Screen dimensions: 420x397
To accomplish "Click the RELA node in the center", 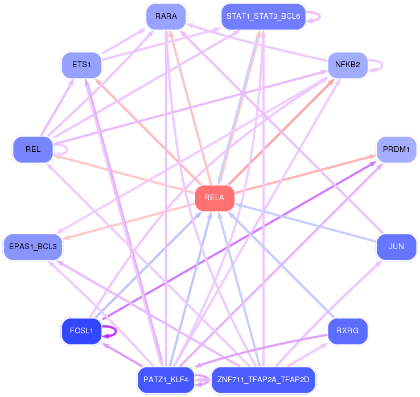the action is [x=215, y=198].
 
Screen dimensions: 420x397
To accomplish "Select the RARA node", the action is [x=166, y=16].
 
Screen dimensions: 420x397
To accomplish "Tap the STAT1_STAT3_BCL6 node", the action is [x=263, y=16].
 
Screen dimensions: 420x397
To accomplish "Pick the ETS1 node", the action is [x=82, y=65].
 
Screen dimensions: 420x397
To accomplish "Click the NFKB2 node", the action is [x=348, y=65].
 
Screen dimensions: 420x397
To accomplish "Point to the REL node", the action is [x=33, y=150].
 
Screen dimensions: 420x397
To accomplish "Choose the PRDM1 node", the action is [x=397, y=150].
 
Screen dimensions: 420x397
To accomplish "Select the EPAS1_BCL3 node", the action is [x=33, y=246].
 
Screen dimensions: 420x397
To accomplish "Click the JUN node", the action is [x=397, y=246].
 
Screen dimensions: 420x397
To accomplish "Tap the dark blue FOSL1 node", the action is [x=82, y=331].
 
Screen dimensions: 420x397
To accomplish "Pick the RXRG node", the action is [x=348, y=331].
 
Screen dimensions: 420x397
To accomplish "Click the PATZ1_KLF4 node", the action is [x=166, y=380].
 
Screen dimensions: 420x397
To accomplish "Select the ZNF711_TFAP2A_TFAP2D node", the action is [x=263, y=380].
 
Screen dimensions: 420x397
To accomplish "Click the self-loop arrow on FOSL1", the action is [x=116, y=332].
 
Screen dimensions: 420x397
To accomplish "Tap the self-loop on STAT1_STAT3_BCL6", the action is [x=320, y=16].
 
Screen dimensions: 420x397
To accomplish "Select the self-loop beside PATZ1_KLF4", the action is [x=209, y=380].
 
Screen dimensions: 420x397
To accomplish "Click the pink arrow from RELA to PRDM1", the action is [x=306, y=174].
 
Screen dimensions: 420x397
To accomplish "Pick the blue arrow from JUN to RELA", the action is [x=306, y=223].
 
